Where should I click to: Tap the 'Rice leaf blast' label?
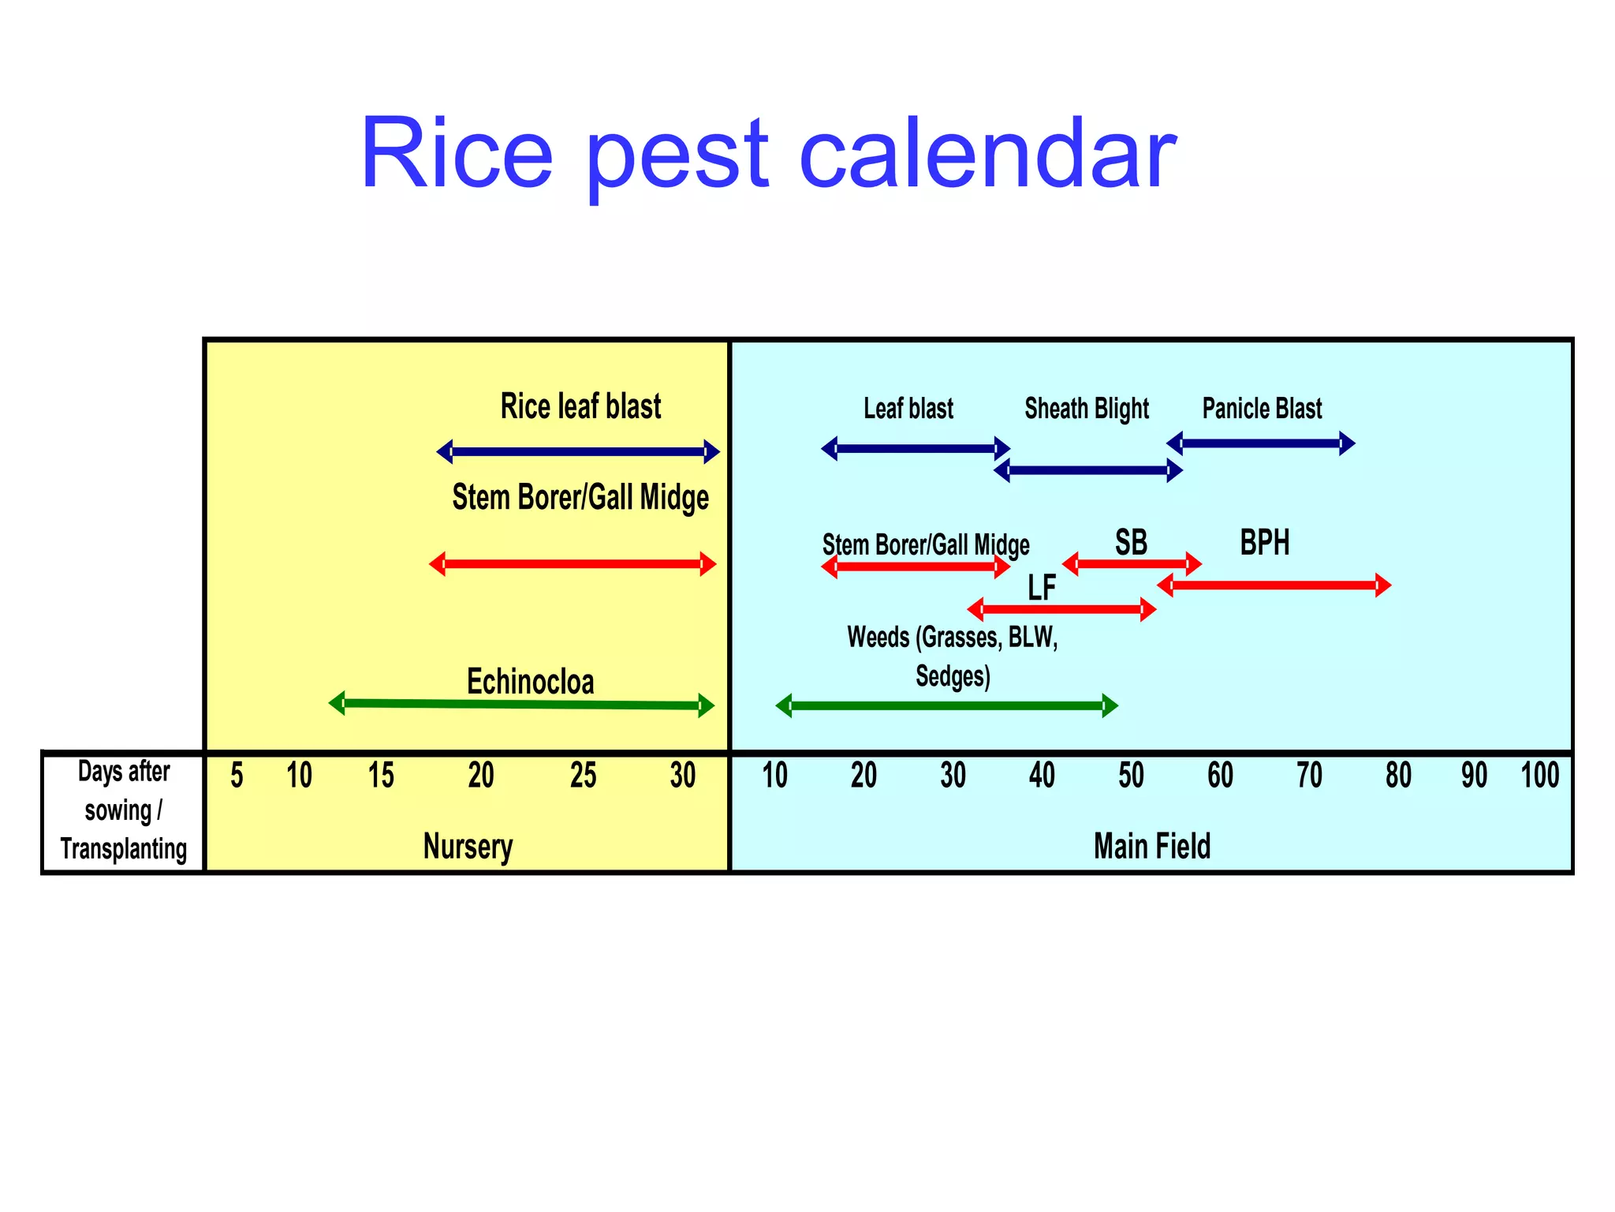coord(580,406)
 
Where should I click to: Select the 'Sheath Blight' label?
coord(1086,409)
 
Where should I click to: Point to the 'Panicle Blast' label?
coord(1262,409)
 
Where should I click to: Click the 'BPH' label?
coord(1264,543)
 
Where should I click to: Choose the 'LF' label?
coord(1041,588)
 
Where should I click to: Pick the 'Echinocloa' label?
coord(530,682)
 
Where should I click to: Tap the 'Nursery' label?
coord(468,847)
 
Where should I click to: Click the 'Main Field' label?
coord(1151,847)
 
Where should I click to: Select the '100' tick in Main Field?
coord(1539,776)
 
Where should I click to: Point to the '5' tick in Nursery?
coord(237,776)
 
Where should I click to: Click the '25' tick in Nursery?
coord(583,776)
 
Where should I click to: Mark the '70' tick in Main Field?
coord(1309,776)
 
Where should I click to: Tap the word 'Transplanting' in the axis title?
coord(124,849)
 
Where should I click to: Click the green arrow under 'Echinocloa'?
coord(521,705)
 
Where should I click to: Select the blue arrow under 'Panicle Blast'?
coord(1260,443)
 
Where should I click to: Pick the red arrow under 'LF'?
coord(1061,609)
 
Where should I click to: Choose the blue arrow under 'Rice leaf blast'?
coord(578,452)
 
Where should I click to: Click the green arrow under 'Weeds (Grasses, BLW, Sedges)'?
coord(946,705)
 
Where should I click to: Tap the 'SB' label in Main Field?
coord(1131,543)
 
